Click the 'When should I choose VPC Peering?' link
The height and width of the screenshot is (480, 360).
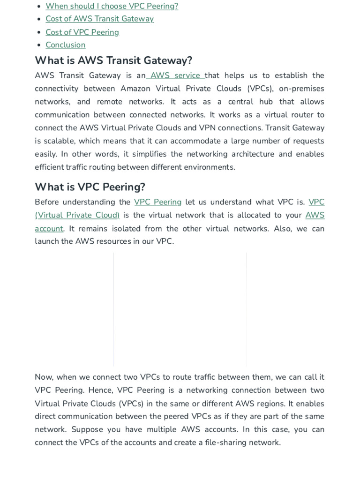click(112, 6)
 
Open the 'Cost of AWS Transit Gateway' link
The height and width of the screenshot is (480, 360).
click(99, 19)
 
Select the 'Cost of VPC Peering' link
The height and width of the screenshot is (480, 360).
click(82, 32)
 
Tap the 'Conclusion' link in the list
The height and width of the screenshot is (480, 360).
click(65, 45)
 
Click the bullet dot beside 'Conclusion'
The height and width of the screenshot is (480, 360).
click(39, 45)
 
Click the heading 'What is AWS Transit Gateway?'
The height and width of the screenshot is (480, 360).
click(113, 60)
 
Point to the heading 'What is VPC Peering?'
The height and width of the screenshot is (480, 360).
click(90, 187)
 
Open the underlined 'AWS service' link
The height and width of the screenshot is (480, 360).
click(175, 75)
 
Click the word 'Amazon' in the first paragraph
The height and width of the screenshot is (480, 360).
click(135, 89)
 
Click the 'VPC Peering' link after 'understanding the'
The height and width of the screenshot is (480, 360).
click(157, 202)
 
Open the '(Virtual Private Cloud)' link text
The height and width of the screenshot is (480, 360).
click(77, 215)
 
